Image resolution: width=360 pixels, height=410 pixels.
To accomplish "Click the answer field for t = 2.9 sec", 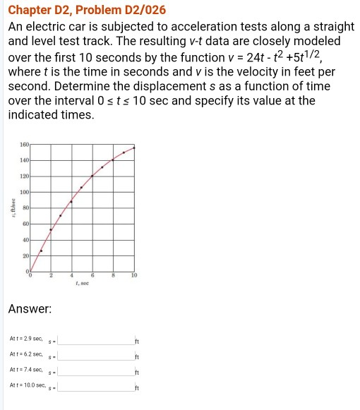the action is pyautogui.click(x=95, y=341).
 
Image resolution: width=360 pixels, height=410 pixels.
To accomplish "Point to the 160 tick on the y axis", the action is pyautogui.click(x=25, y=143).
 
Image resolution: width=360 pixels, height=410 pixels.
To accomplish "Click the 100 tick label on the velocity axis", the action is pyautogui.click(x=25, y=192).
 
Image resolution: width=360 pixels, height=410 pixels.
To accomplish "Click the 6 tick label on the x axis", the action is pyautogui.click(x=92, y=275).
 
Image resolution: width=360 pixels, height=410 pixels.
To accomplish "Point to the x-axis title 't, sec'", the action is pyautogui.click(x=81, y=282).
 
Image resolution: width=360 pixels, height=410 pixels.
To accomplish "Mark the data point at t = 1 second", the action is pyautogui.click(x=40, y=251).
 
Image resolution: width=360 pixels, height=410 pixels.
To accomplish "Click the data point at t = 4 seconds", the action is pyautogui.click(x=71, y=202).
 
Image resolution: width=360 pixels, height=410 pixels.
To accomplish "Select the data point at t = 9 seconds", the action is pyautogui.click(x=124, y=152).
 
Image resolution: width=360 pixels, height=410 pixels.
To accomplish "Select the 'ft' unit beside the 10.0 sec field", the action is pyautogui.click(x=137, y=387).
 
